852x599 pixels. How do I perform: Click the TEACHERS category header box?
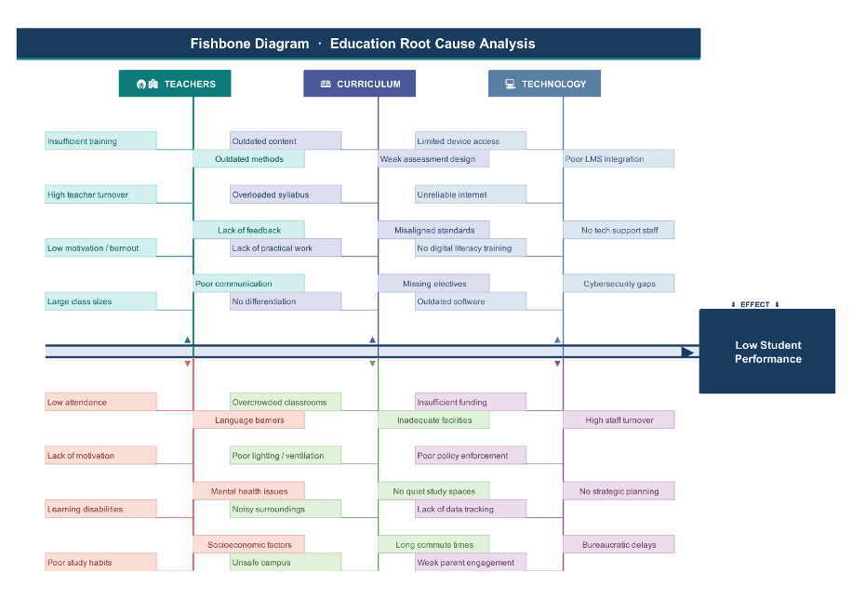175,84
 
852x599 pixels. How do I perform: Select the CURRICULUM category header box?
359,84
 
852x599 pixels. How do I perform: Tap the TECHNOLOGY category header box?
544,84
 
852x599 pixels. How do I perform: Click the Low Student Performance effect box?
767,352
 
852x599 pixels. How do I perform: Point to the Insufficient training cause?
100,141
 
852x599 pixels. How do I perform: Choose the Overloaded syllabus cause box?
286,194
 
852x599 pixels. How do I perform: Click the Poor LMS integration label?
619,159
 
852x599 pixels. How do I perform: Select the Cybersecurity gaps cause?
619,284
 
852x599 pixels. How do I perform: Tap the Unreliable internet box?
471,194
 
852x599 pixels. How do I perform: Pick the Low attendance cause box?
100,402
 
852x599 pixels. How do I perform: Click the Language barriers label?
248,420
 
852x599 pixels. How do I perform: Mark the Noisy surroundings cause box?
286,509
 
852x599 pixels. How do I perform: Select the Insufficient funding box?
471,402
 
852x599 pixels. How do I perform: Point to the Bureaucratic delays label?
619,544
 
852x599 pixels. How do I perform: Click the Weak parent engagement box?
471,563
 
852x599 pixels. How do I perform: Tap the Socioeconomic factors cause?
248,544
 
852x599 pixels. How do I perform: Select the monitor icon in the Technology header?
510,84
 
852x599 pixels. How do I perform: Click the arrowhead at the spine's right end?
687,352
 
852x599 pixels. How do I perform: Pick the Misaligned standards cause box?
433,230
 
